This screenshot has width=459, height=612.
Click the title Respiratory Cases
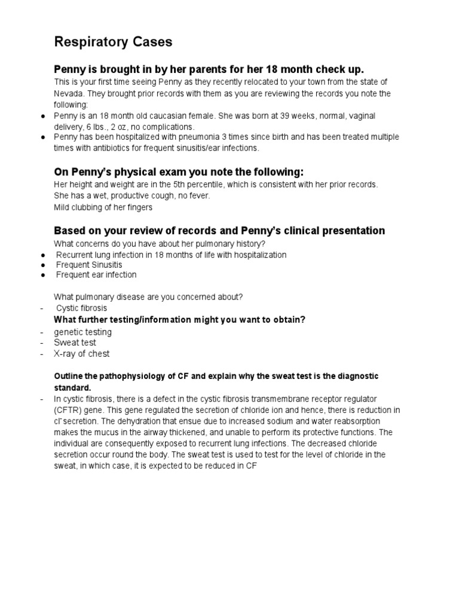[x=114, y=42]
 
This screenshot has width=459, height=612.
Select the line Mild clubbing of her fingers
[x=103, y=207]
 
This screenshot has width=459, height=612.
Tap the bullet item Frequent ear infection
[x=96, y=275]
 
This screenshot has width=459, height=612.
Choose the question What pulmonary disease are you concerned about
[x=148, y=297]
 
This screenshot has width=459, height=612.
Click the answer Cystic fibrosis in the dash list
[x=81, y=308]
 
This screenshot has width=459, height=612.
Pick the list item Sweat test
[x=75, y=342]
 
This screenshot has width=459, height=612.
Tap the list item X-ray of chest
[x=82, y=353]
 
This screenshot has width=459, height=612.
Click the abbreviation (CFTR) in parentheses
[x=69, y=409]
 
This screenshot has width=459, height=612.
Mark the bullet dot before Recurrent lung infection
[x=44, y=255]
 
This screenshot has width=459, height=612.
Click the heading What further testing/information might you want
[x=180, y=320]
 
